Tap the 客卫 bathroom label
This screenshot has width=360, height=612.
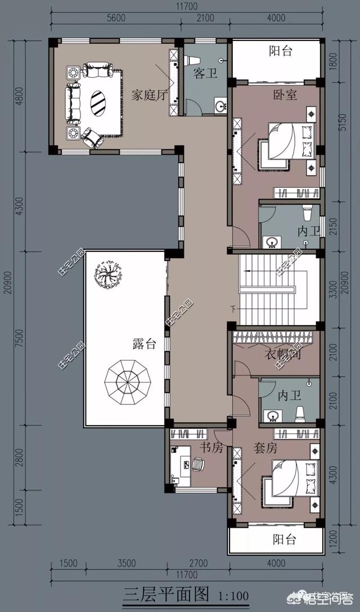pos(205,74)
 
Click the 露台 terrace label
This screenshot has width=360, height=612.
pos(144,345)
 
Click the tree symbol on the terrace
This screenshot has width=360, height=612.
pos(106,274)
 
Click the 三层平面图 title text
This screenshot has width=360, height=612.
pos(166,594)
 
